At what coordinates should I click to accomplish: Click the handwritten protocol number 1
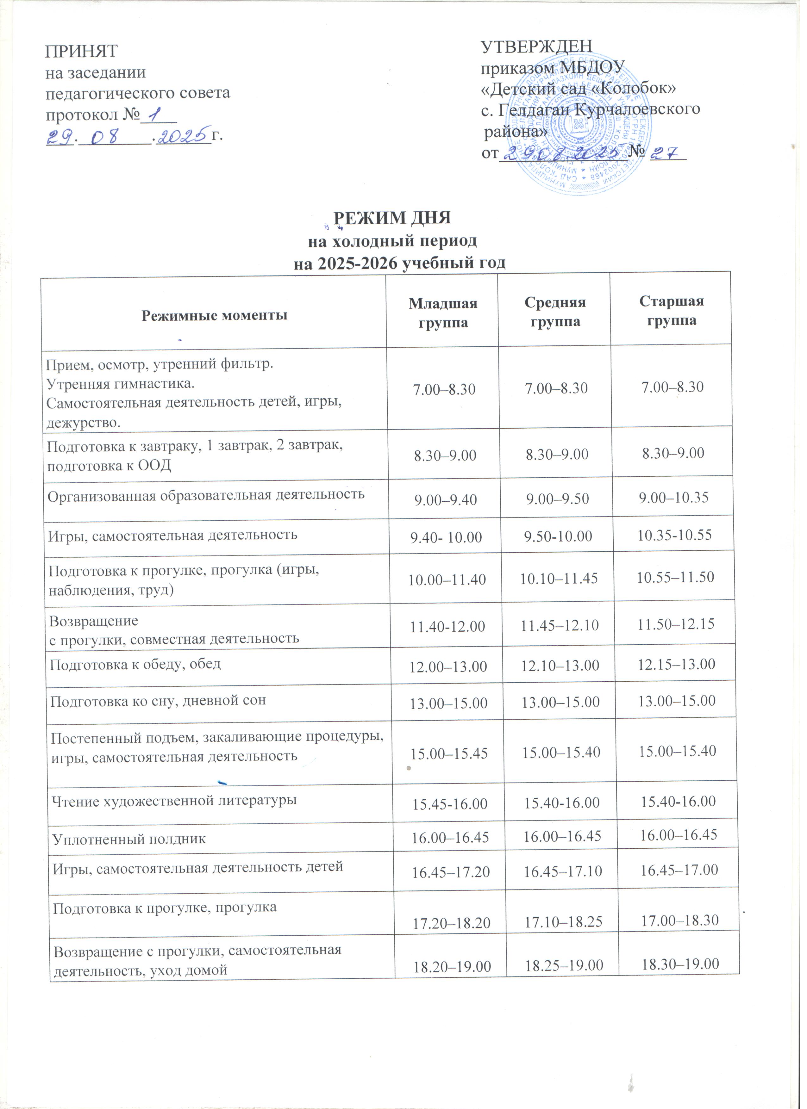pyautogui.click(x=157, y=115)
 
